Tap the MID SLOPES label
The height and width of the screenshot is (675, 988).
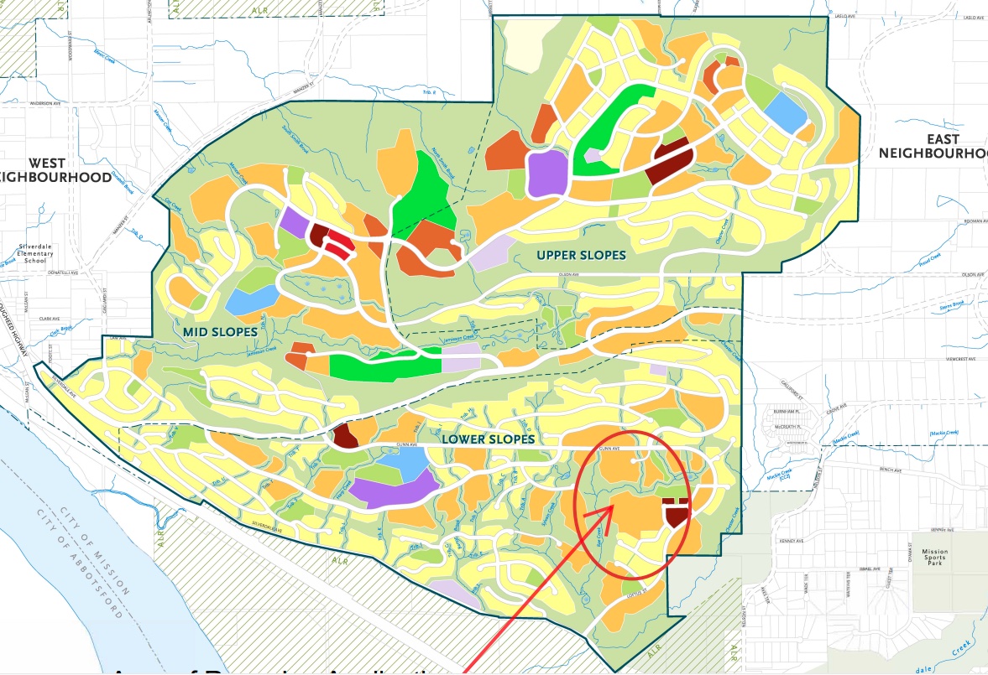[x=219, y=332]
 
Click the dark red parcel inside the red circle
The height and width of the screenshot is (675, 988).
[x=675, y=512]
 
